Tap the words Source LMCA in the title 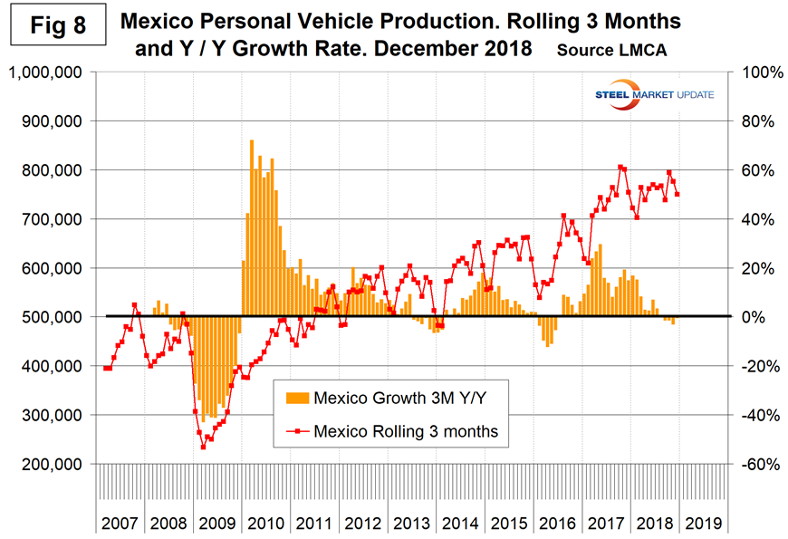(x=612, y=51)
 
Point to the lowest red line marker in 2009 (x=203, y=447)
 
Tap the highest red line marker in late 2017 (x=620, y=167)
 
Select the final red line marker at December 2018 (x=677, y=194)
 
